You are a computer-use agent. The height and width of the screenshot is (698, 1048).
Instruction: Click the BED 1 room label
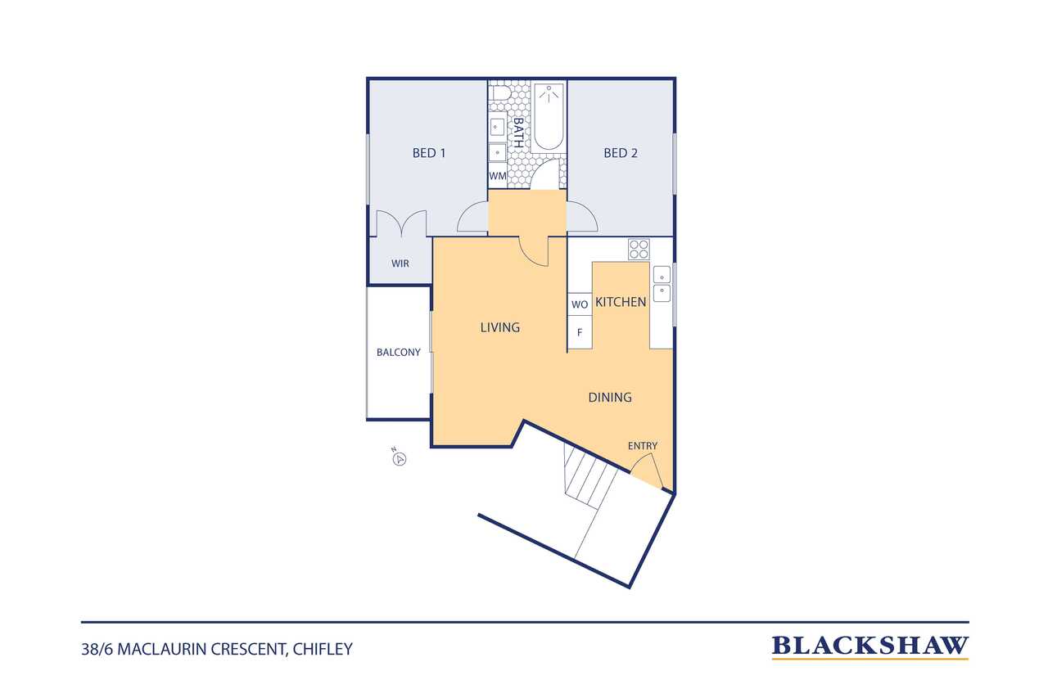pos(428,153)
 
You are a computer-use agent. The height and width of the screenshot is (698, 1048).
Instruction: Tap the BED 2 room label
pos(621,153)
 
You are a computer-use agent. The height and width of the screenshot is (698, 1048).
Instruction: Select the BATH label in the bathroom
pos(518,133)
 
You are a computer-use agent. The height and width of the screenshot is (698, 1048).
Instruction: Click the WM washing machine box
pos(497,176)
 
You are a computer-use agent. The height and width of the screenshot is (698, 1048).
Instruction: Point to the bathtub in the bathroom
pos(549,117)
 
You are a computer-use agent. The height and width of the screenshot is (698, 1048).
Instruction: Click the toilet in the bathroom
pos(499,93)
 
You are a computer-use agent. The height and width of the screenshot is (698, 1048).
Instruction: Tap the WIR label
pos(400,263)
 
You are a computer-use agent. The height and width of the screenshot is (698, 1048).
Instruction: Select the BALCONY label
pos(399,352)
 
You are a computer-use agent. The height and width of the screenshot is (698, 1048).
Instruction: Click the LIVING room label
pos(499,327)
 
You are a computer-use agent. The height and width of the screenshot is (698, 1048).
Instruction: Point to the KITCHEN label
pos(621,302)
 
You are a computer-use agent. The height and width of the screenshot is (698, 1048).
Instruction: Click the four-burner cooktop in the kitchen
pos(639,250)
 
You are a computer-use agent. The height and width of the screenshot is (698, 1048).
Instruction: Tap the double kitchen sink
pos(662,284)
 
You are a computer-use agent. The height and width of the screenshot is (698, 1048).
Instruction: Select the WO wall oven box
pos(580,304)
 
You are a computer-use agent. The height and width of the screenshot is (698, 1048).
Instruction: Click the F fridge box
pos(580,332)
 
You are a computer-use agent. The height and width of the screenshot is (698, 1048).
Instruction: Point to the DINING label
pos(610,398)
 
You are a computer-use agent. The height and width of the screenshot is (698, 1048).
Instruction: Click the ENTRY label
pos(643,446)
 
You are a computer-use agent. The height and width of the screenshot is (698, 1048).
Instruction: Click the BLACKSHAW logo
pos(870,646)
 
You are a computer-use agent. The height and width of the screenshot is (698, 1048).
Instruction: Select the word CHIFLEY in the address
pos(323,650)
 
